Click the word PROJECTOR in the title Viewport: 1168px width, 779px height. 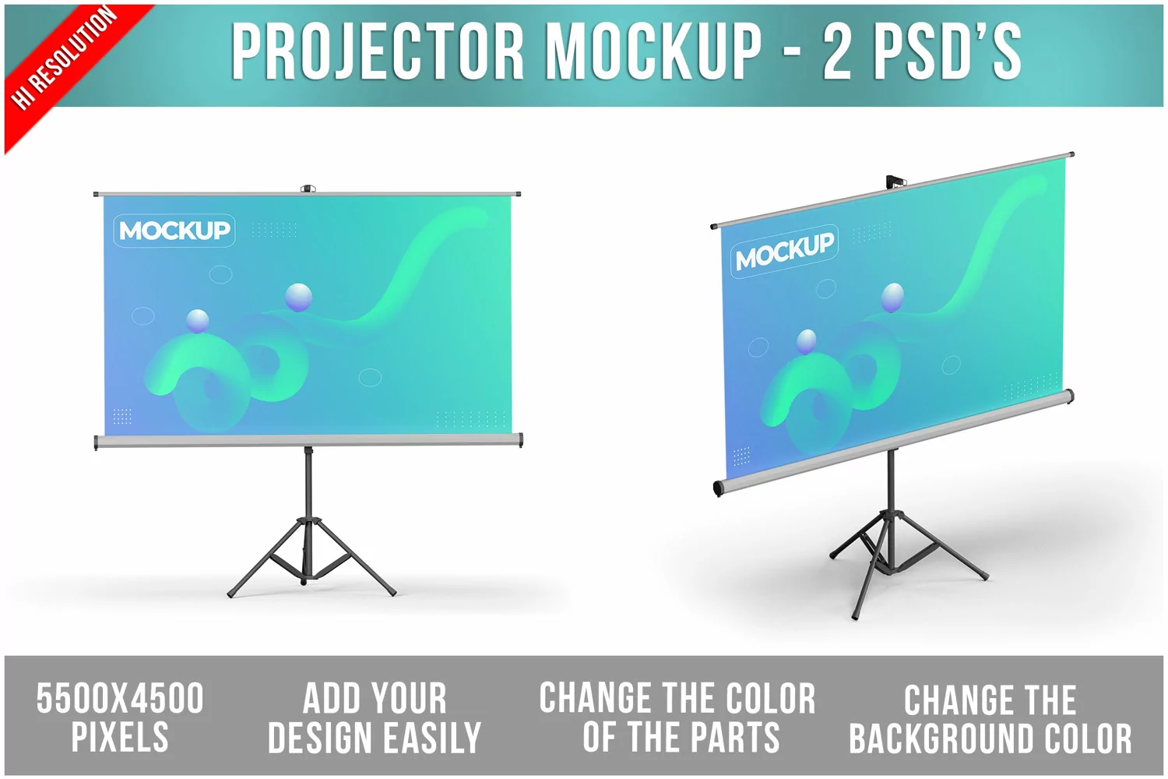(378, 51)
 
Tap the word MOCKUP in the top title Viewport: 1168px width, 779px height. (653, 51)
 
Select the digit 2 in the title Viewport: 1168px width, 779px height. (842, 51)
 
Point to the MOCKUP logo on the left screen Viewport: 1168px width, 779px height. (174, 231)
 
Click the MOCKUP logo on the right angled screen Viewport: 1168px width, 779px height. (785, 252)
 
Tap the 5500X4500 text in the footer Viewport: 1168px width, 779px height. (120, 698)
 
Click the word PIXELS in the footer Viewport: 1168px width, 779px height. (120, 737)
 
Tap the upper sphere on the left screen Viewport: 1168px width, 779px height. (298, 298)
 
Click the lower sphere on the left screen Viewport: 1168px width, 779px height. (198, 321)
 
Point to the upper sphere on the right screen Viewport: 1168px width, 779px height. (892, 298)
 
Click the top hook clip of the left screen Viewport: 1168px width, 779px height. (308, 189)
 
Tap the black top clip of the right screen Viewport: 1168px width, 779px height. (895, 182)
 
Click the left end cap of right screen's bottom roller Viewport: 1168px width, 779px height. (719, 488)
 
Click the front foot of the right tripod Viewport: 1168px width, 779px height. (855, 617)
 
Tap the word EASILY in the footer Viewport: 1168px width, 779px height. (437, 738)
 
